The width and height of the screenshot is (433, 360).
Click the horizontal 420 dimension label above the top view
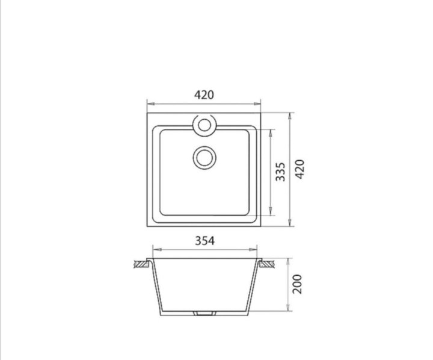click(204, 95)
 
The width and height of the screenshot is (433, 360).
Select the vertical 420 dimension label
click(299, 169)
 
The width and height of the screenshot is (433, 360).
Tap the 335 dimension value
click(280, 172)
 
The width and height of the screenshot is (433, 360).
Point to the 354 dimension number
click(204, 241)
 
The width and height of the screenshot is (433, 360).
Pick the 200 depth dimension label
click(298, 284)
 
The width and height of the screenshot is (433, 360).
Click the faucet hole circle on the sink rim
click(204, 125)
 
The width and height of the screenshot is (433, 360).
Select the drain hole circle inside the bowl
click(204, 158)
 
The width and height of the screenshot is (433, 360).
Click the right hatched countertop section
click(267, 264)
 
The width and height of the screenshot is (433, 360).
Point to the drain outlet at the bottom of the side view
click(204, 313)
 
